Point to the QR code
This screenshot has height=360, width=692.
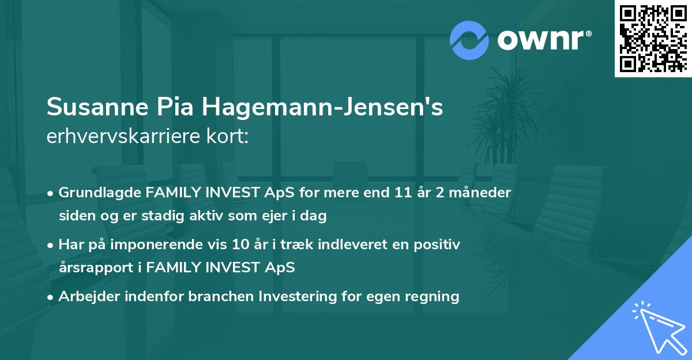[653, 38]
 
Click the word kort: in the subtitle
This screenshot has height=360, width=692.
[229, 137]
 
